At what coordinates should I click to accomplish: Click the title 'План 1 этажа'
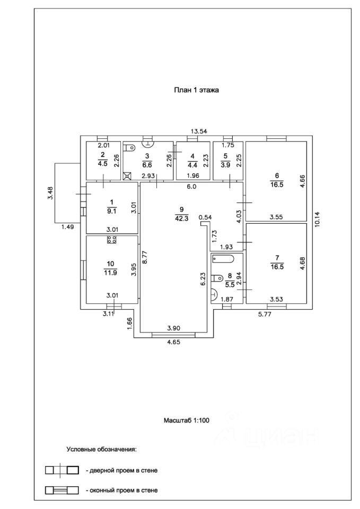[197, 90]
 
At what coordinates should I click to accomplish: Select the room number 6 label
[276, 176]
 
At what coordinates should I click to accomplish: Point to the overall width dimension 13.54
[198, 131]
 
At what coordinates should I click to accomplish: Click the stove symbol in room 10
[112, 240]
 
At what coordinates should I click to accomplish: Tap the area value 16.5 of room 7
[276, 268]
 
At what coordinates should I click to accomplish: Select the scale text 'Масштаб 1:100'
[187, 420]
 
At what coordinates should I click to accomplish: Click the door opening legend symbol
[62, 470]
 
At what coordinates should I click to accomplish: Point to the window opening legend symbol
[62, 490]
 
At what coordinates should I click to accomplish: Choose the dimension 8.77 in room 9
[143, 257]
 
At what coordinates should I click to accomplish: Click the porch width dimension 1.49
[67, 227]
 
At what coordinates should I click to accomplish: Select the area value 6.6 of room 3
[147, 164]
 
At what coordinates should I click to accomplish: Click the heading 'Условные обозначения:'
[101, 450]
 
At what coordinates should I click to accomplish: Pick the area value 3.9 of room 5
[225, 164]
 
